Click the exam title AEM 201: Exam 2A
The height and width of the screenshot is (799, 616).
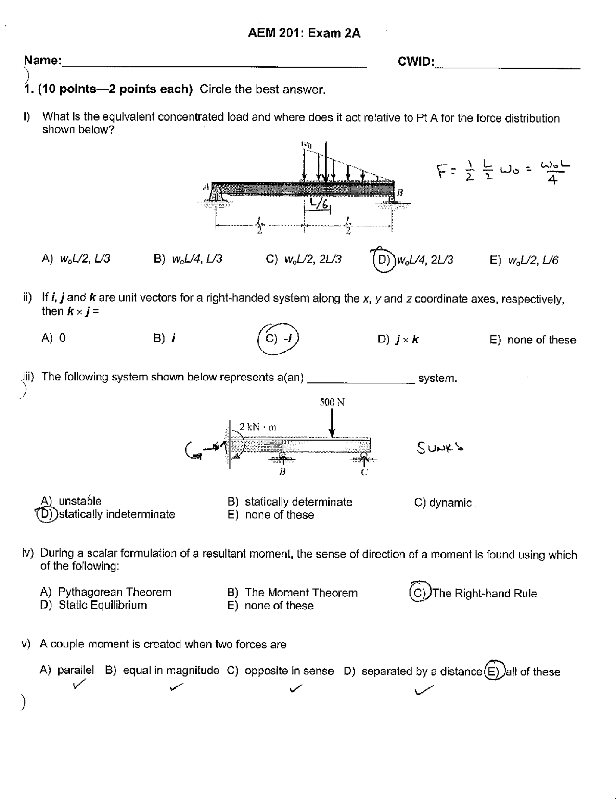[x=304, y=33]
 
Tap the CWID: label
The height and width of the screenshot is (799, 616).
[x=416, y=62]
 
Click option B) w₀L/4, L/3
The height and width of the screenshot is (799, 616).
[x=188, y=259]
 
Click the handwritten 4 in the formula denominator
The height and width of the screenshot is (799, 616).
[x=553, y=181]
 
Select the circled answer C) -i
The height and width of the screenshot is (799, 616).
[x=279, y=339]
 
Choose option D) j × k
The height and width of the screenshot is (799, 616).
[x=398, y=340]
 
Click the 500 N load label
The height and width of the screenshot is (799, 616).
[x=332, y=402]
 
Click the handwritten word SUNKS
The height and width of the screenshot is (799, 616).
[x=440, y=448]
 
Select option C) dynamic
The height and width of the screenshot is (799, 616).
[x=443, y=503]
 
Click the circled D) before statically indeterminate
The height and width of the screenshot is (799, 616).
[x=47, y=514]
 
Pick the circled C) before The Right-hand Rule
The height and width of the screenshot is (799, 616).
[x=418, y=593]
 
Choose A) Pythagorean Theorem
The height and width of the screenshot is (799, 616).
[x=106, y=592]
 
